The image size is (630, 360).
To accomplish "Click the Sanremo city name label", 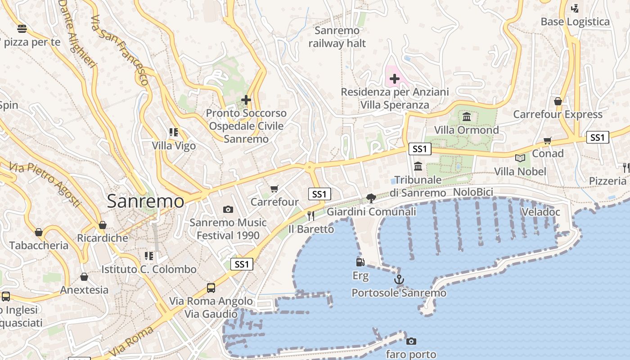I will tap(145, 201).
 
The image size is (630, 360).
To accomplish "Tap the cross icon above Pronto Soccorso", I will tap(246, 100).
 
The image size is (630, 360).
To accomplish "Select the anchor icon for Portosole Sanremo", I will tap(399, 280).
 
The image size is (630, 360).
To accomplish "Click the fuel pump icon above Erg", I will tap(360, 262).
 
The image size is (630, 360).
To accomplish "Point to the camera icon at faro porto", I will tap(411, 341).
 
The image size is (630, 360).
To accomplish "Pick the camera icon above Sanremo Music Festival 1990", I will tap(228, 209).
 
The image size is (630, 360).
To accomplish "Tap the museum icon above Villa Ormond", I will tap(467, 117).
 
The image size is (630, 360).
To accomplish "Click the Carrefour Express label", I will tap(558, 114).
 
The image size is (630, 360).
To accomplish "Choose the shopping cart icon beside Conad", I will tap(548, 140).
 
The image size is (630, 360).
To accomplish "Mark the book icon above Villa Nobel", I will tap(520, 158).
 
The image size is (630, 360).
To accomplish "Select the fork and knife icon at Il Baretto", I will tap(310, 216).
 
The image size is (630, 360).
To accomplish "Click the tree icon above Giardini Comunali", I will tap(371, 198).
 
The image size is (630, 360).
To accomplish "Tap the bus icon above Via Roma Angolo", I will tap(211, 288).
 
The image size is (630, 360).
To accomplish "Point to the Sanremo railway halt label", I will tap(337, 37).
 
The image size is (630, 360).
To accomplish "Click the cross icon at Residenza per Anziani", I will tap(395, 79).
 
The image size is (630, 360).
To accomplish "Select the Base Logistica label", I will tap(575, 22).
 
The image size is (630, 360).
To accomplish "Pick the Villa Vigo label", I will tap(174, 146).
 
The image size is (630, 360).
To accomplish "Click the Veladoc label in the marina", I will tap(540, 212).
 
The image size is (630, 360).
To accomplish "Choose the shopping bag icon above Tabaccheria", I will tap(39, 232).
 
